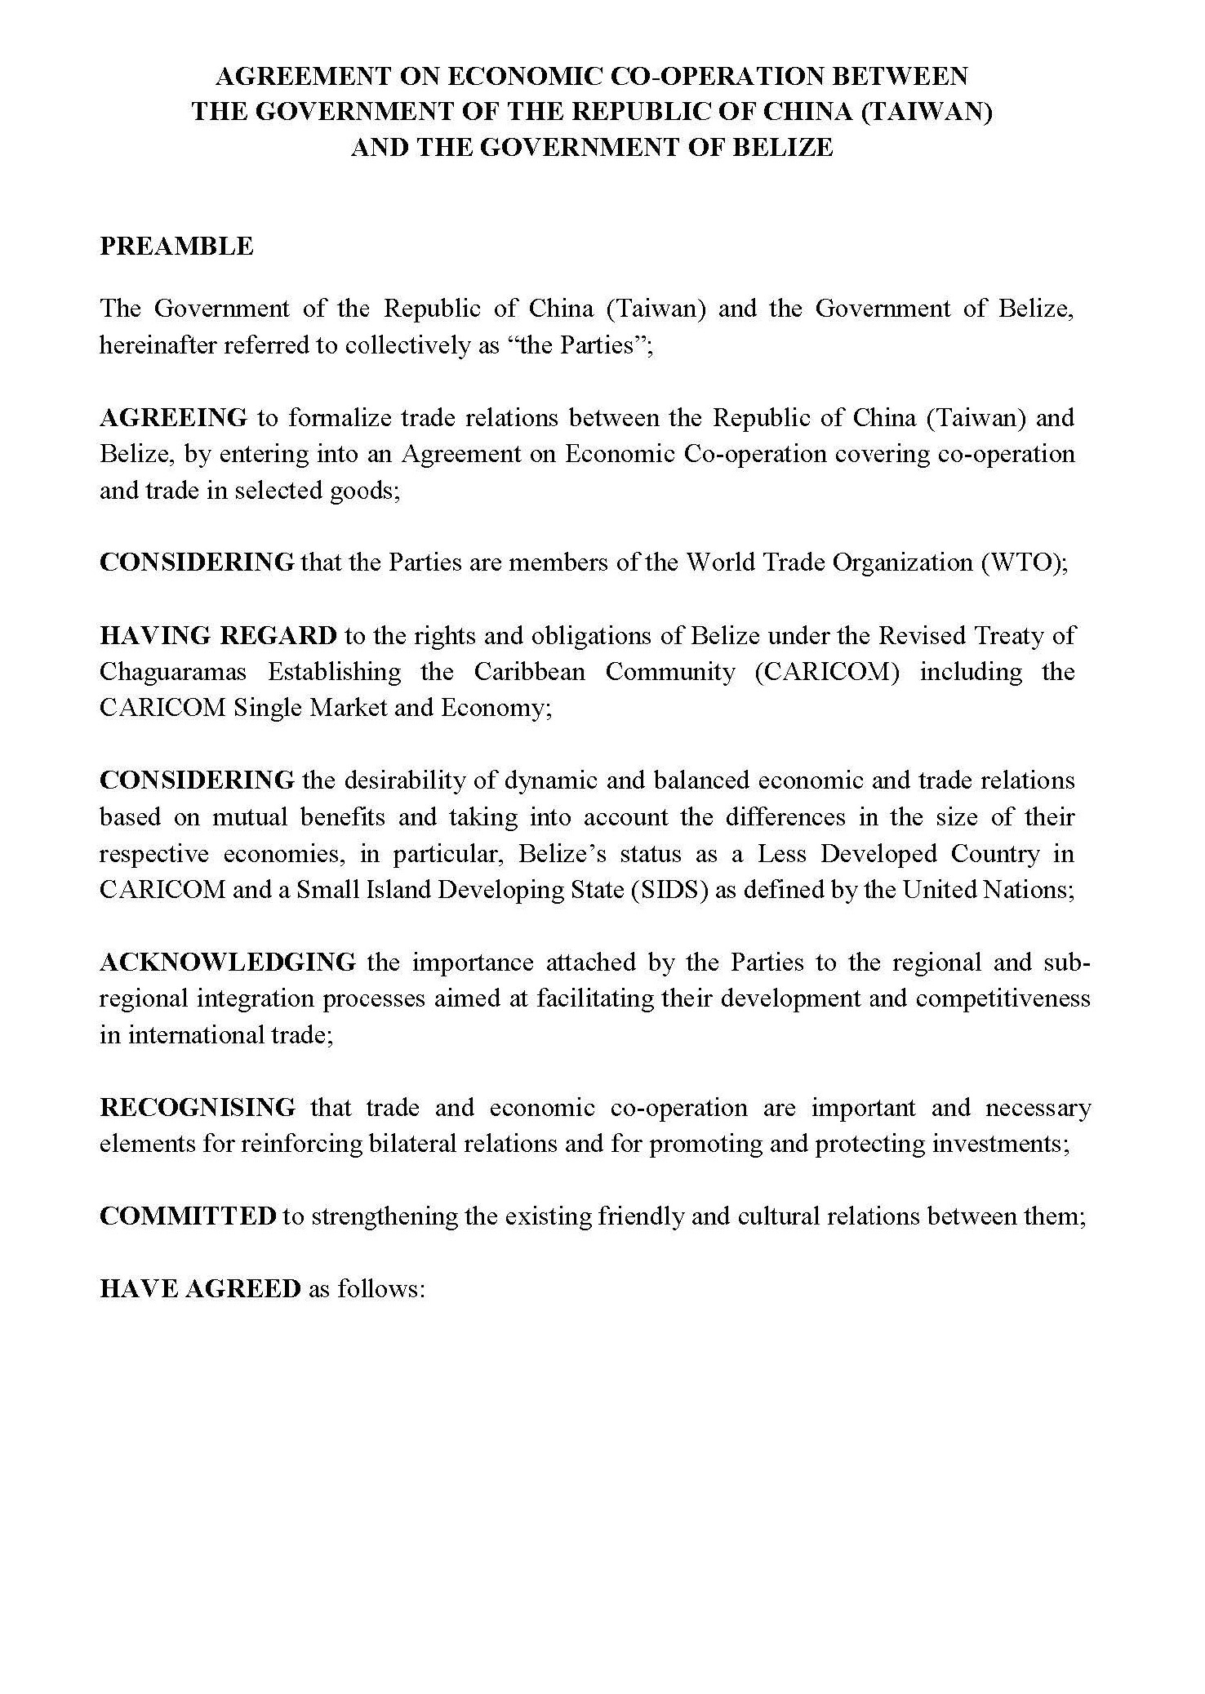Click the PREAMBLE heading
pos(176,247)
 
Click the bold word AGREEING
pos(173,418)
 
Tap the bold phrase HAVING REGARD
pos(218,635)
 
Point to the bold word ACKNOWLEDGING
pos(228,963)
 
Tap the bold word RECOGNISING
pos(198,1108)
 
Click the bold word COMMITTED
pos(188,1216)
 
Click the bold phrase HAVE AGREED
pos(200,1289)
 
